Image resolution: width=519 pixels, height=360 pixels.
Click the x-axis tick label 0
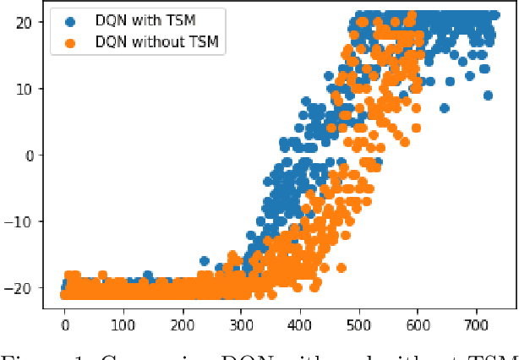coord(65,325)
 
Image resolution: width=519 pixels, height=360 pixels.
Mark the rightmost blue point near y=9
coord(488,95)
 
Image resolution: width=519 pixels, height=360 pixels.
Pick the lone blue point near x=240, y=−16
coord(204,261)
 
